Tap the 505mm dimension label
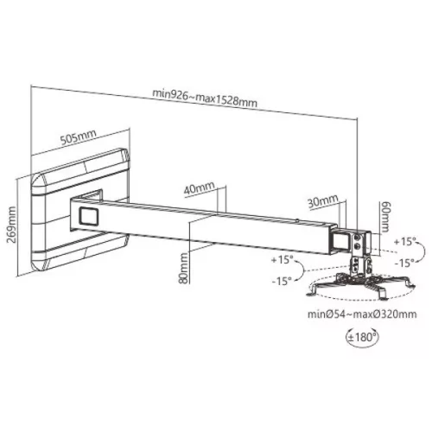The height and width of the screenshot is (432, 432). (x=79, y=136)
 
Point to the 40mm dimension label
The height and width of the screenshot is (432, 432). (x=200, y=187)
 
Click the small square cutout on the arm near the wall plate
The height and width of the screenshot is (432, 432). (x=88, y=213)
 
